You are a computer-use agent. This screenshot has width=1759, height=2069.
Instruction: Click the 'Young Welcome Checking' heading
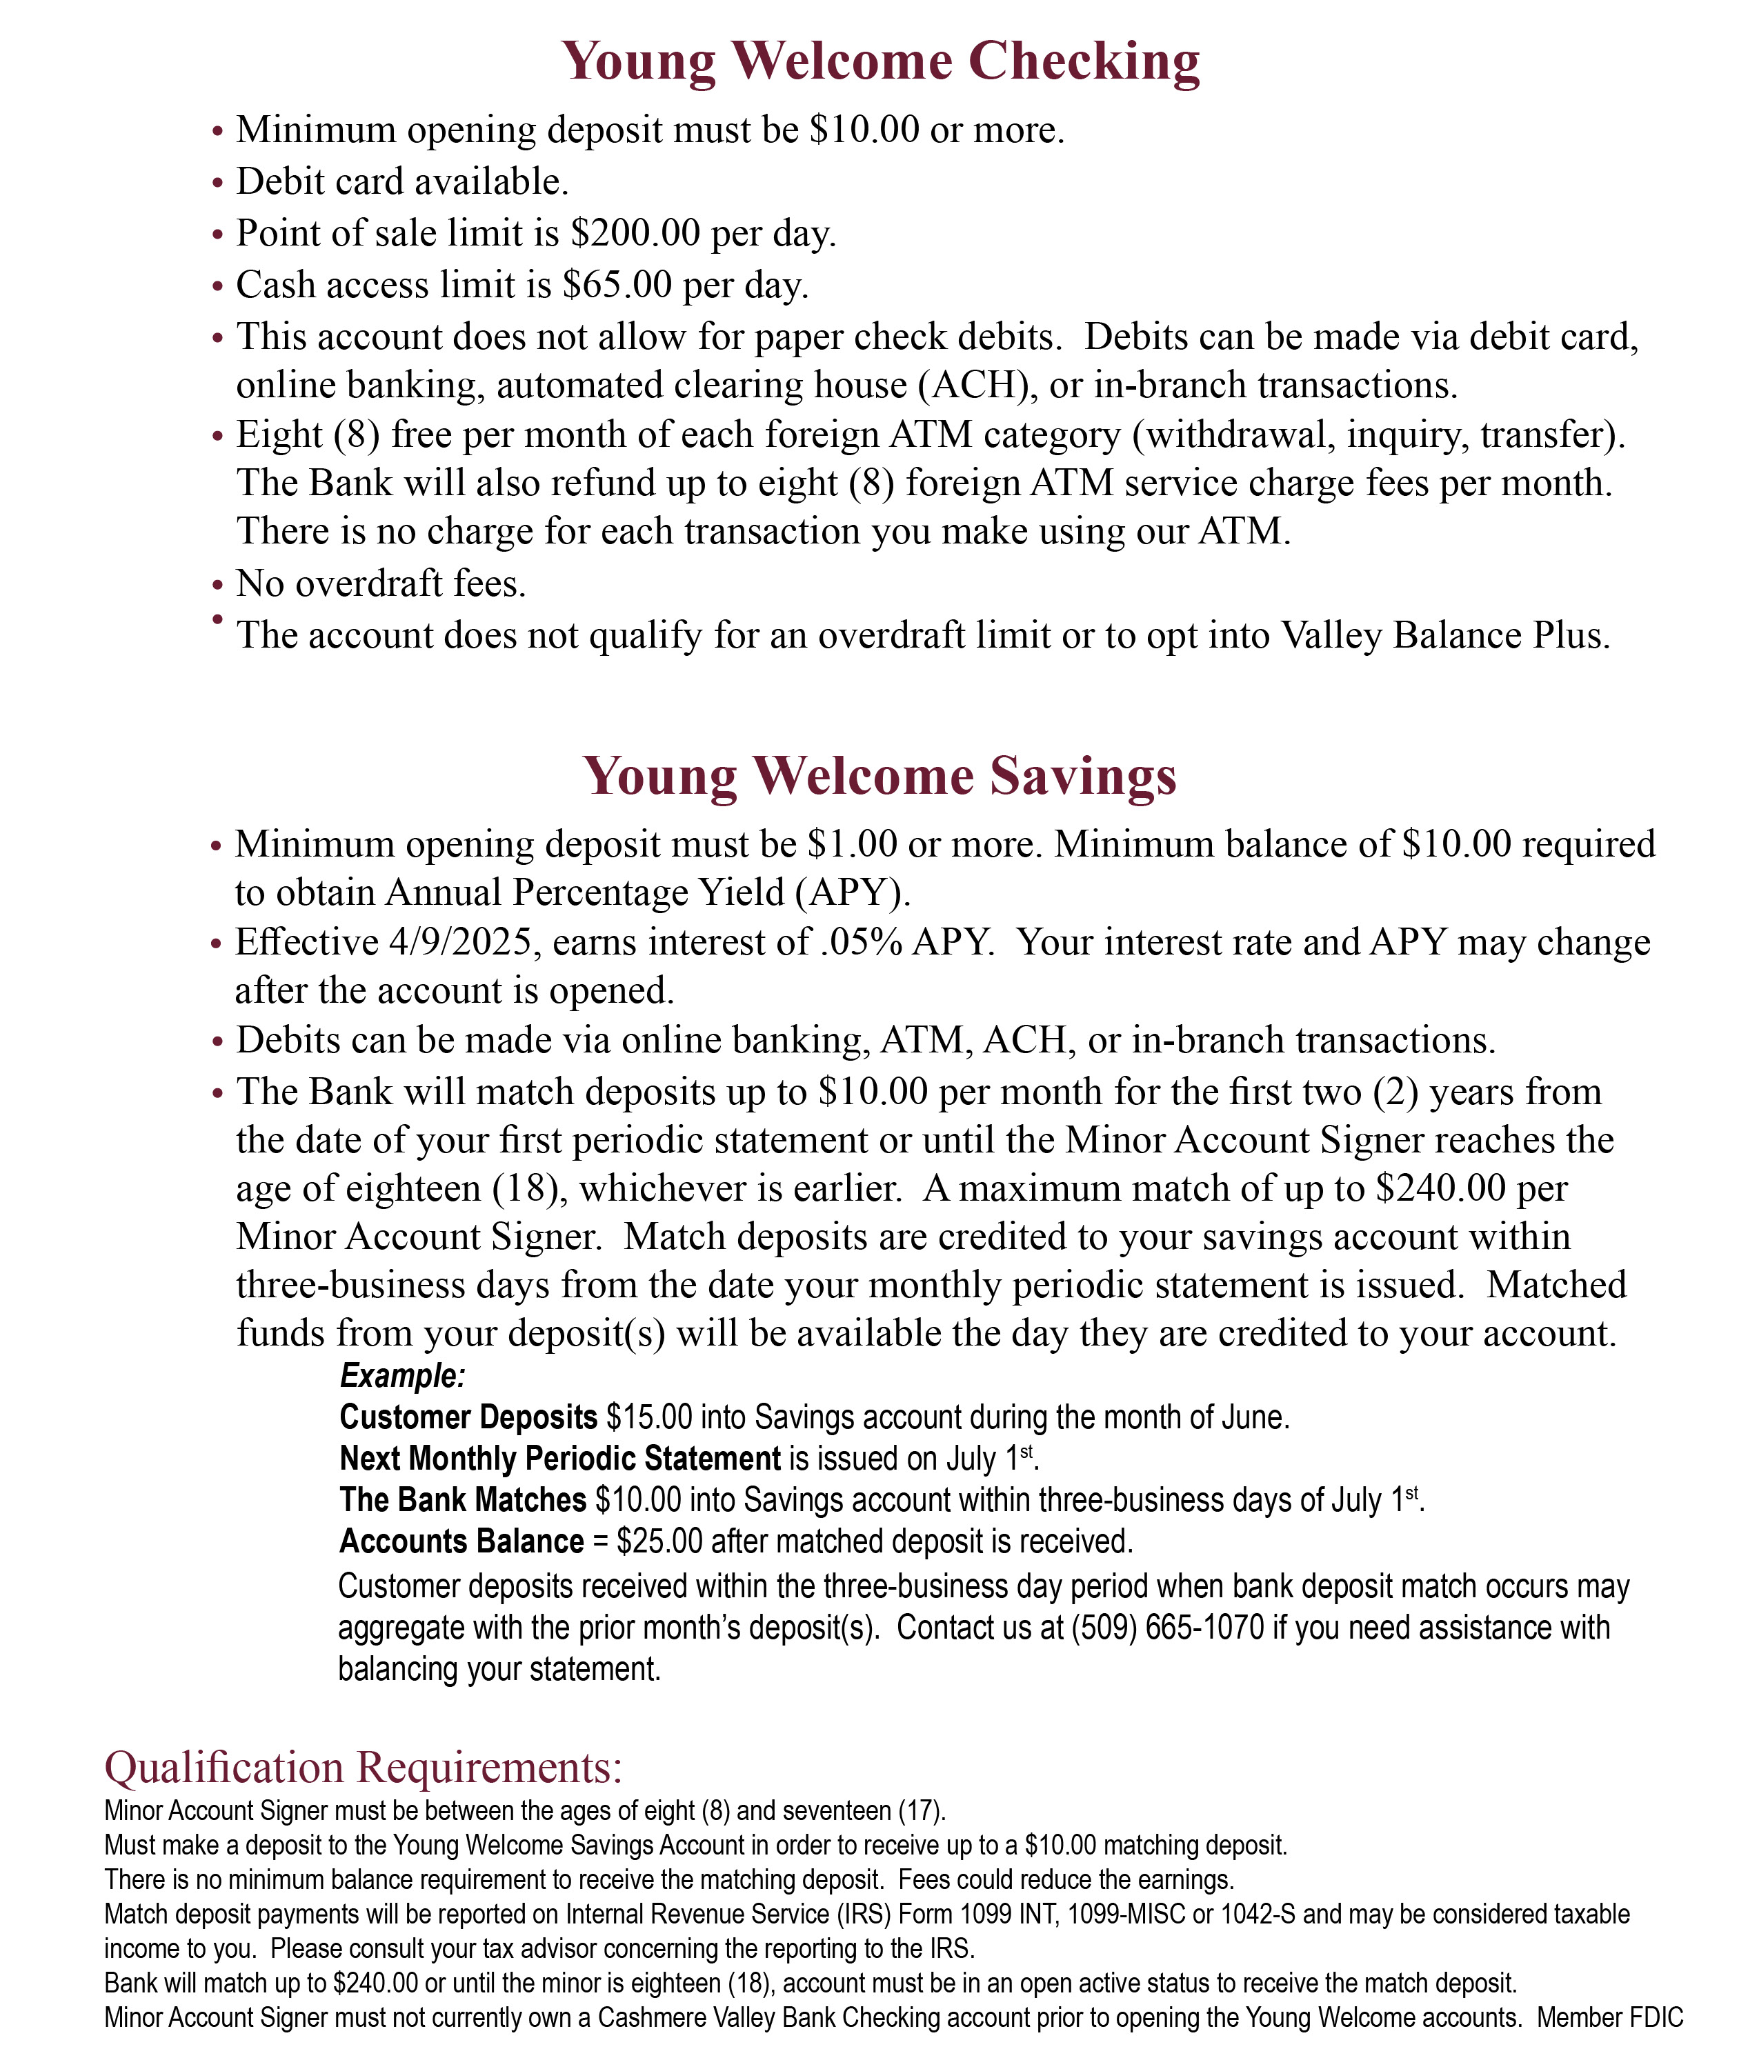click(x=879, y=62)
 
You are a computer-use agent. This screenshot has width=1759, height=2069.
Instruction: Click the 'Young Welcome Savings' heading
click(x=879, y=776)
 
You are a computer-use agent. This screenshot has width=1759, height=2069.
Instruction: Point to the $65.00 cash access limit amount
click(x=617, y=285)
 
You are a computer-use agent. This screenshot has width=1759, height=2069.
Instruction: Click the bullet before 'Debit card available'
click(x=219, y=183)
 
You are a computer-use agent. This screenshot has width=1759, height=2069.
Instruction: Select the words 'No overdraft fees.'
click(x=381, y=584)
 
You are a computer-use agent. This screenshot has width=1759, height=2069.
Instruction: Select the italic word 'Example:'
click(x=403, y=1376)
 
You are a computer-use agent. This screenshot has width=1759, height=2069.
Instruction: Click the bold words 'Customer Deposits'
click(x=468, y=1417)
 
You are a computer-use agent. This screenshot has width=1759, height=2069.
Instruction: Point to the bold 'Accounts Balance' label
click(x=461, y=1541)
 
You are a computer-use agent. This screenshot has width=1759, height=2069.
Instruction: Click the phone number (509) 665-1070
click(x=1166, y=1628)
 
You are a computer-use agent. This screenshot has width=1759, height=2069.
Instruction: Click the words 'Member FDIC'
click(x=1609, y=2018)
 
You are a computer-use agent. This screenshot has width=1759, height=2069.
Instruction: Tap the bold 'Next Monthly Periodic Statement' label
click(x=559, y=1459)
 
